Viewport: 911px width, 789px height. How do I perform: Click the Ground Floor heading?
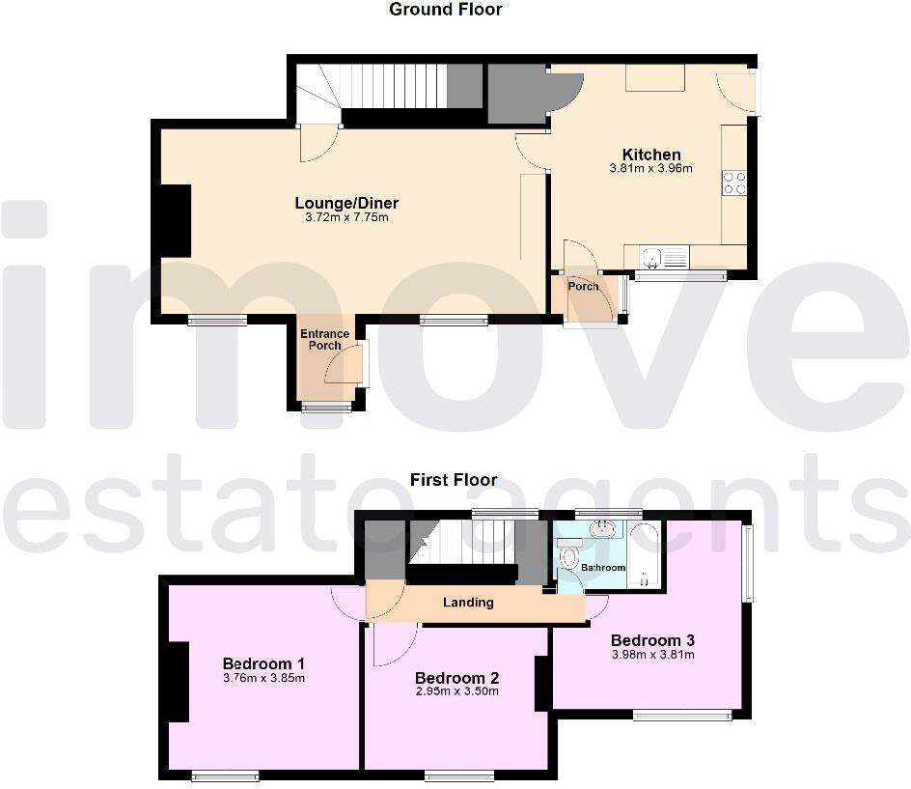pos(445,10)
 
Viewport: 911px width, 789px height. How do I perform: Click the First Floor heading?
pos(454,479)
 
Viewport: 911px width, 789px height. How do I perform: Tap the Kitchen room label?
pos(651,155)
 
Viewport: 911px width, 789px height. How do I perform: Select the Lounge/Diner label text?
pos(346,203)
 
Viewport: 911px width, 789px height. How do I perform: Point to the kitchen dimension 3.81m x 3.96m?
pos(651,169)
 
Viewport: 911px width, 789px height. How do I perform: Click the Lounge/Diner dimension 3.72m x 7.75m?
pos(346,217)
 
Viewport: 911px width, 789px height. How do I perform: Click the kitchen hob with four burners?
pos(733,183)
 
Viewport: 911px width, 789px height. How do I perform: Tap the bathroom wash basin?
pos(603,529)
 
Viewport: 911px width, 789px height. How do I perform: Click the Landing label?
pos(468,603)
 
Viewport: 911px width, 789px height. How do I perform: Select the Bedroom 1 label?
pos(263,663)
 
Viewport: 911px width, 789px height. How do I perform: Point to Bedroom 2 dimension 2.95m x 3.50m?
pos(456,691)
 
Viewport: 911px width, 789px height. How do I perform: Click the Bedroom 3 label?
pos(652,639)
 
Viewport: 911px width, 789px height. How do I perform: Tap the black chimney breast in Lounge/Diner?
pos(175,221)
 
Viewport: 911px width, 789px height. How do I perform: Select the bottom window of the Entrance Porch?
pos(326,408)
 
